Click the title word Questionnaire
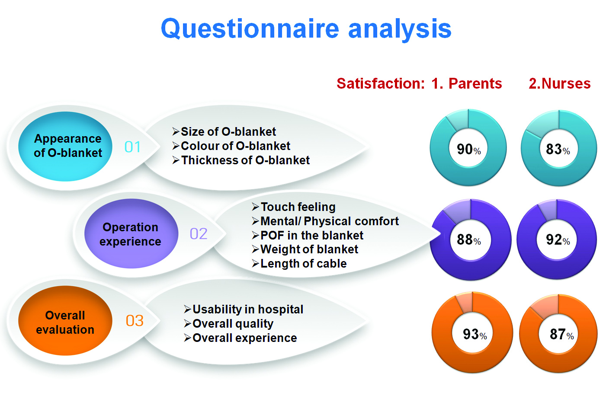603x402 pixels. click(x=250, y=29)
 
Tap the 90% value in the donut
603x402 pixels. click(x=468, y=149)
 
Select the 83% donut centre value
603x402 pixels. click(x=558, y=149)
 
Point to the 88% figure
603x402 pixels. click(x=468, y=239)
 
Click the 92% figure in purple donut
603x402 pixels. click(x=558, y=239)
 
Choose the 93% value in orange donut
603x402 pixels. click(x=475, y=334)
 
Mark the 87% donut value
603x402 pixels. click(x=562, y=334)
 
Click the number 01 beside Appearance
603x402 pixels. click(x=132, y=147)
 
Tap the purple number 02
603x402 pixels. click(x=199, y=233)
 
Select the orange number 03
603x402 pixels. click(x=135, y=321)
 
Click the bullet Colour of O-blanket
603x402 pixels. click(x=231, y=146)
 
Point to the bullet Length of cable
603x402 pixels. click(x=299, y=263)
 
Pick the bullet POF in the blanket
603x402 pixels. click(x=308, y=235)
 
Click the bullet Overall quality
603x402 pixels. click(x=228, y=324)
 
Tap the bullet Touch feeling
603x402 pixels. click(x=294, y=207)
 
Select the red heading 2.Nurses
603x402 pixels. click(x=560, y=83)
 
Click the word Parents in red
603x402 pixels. click(x=475, y=83)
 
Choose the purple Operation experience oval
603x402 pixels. click(x=132, y=233)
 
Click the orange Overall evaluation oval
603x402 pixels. click(x=65, y=320)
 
